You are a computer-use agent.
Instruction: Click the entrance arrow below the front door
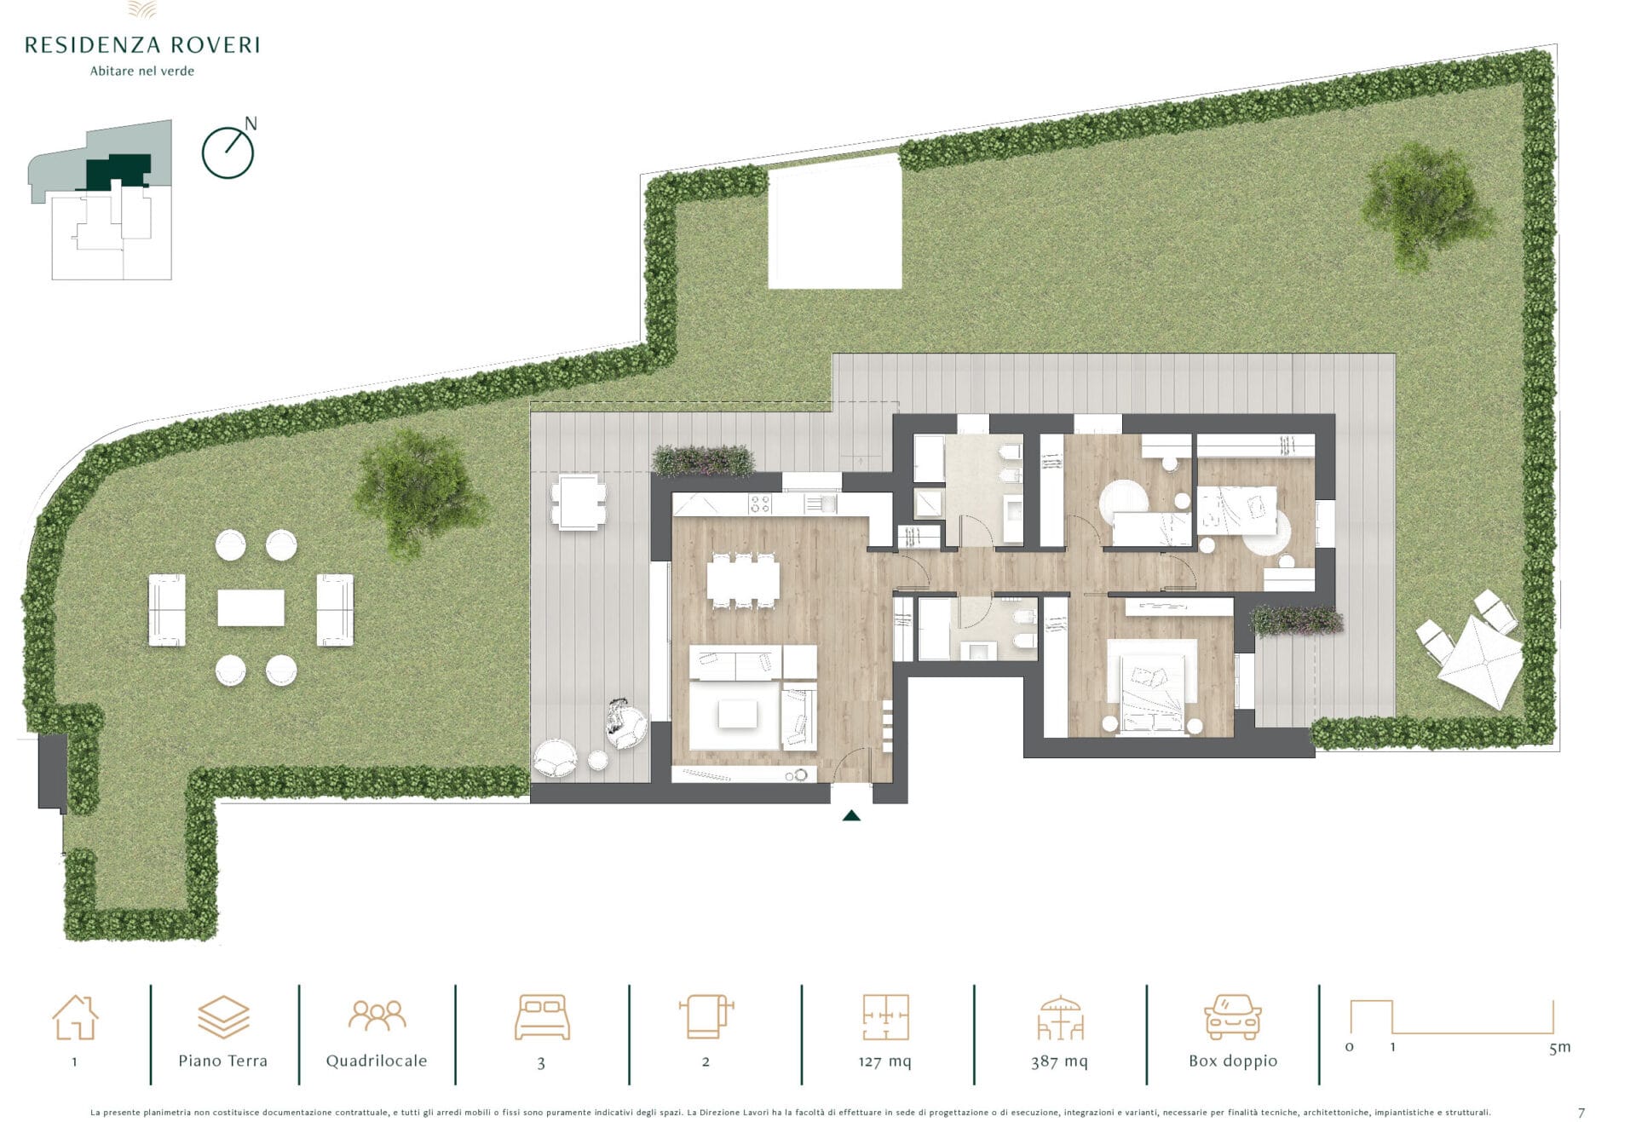point(851,815)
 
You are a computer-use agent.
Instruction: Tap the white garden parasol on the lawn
point(1481,661)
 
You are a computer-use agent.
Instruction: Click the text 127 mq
point(884,1062)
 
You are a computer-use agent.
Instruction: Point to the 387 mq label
point(1059,1062)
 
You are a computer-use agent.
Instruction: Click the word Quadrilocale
point(377,1061)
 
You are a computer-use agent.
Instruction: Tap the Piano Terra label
point(222,1061)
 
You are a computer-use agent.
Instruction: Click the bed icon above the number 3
point(542,1016)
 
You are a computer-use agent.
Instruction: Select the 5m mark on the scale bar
point(1559,1048)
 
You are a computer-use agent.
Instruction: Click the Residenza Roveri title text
point(142,45)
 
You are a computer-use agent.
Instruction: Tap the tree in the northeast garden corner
point(1426,204)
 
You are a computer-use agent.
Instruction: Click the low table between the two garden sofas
point(251,608)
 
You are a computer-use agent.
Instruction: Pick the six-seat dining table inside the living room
point(743,579)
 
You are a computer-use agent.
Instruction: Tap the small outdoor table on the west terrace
point(579,503)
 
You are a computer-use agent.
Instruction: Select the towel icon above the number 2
point(706,1016)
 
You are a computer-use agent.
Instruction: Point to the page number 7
point(1581,1113)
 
